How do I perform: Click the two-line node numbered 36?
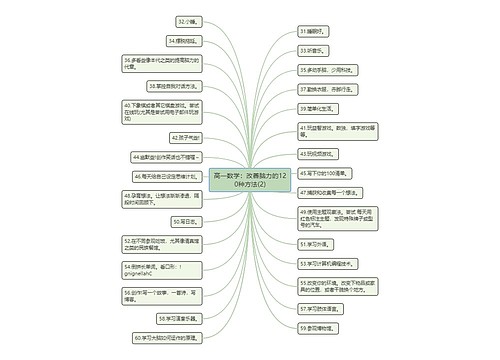pyautogui.click(x=164, y=64)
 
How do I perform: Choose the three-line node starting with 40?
pyautogui.click(x=164, y=111)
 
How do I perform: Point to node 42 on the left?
pyautogui.click(x=188, y=137)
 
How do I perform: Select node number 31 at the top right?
pyautogui.click(x=312, y=31)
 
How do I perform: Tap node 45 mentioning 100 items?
pyautogui.click(x=324, y=173)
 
